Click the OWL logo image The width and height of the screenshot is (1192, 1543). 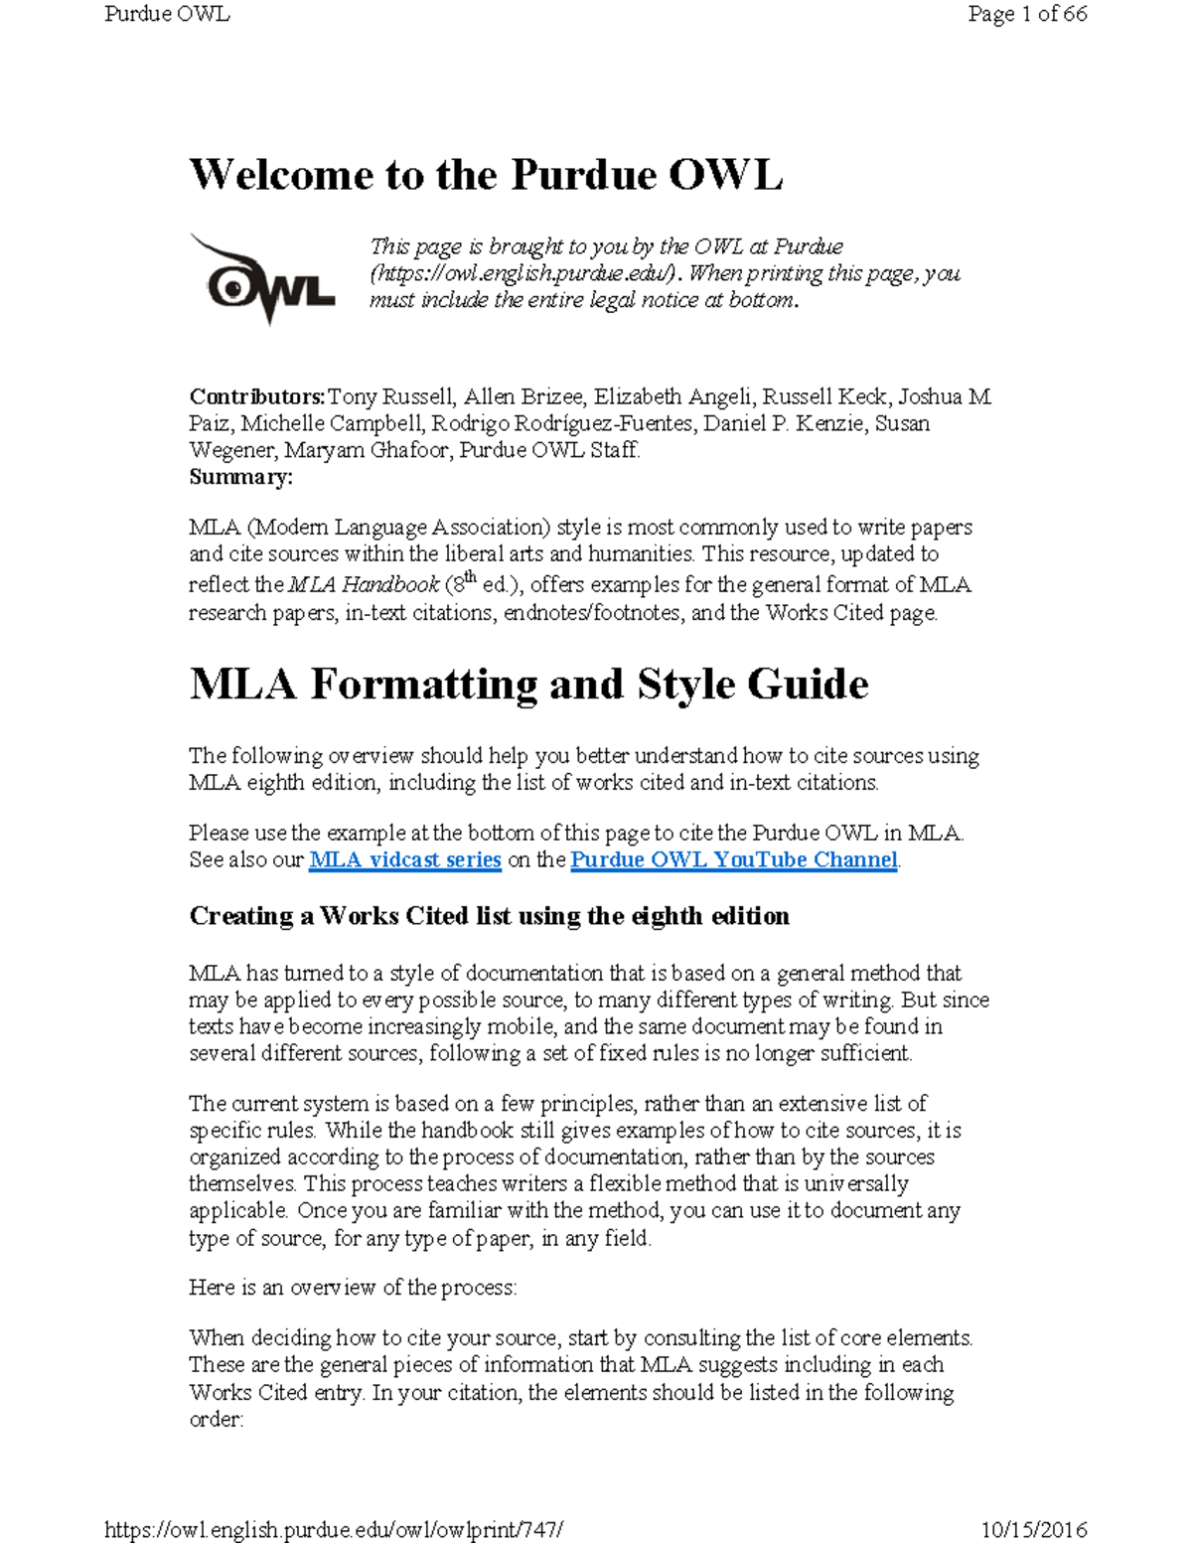tap(262, 279)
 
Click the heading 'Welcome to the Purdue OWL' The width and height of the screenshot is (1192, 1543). tap(486, 175)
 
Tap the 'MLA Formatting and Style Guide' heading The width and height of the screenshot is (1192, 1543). tap(528, 685)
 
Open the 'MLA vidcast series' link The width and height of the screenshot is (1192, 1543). tap(404, 859)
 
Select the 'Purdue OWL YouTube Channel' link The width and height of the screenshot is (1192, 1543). tap(733, 859)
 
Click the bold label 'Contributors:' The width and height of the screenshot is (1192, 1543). tap(256, 397)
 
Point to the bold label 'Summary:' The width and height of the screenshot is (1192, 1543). tap(240, 477)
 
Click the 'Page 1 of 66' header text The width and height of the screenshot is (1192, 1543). tap(1027, 14)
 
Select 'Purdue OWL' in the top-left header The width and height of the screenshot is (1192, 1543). tap(167, 14)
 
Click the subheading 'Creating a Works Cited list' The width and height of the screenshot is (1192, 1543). tap(489, 916)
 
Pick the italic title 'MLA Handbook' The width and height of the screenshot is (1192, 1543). tap(364, 585)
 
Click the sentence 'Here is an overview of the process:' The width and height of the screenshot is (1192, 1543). tap(353, 1288)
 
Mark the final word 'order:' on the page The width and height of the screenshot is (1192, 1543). tap(216, 1419)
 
